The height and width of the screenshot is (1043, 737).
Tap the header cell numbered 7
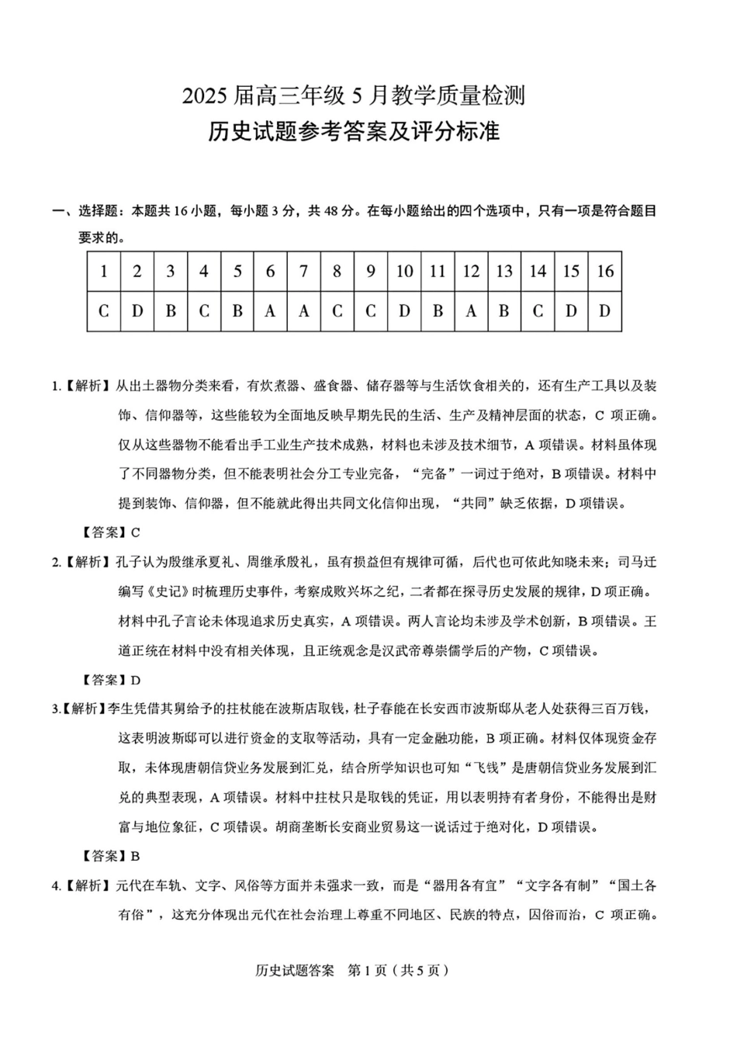pyautogui.click(x=303, y=271)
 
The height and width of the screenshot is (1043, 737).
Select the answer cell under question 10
pyautogui.click(x=404, y=311)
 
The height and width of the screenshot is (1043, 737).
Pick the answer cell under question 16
pyautogui.click(x=605, y=311)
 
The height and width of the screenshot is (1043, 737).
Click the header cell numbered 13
pyautogui.click(x=504, y=271)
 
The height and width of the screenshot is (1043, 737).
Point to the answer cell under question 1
pyautogui.click(x=104, y=311)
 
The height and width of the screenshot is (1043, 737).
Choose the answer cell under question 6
pyautogui.click(x=270, y=311)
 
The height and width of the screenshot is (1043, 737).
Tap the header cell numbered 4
pyautogui.click(x=204, y=271)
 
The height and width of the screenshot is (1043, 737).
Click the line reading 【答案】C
pyautogui.click(x=111, y=532)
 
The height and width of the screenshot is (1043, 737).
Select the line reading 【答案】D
pyautogui.click(x=111, y=680)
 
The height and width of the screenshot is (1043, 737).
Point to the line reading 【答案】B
pyautogui.click(x=111, y=856)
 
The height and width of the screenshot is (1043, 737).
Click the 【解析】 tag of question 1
pyautogui.click(x=85, y=386)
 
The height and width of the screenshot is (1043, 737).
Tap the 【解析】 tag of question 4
pyautogui.click(x=85, y=885)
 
